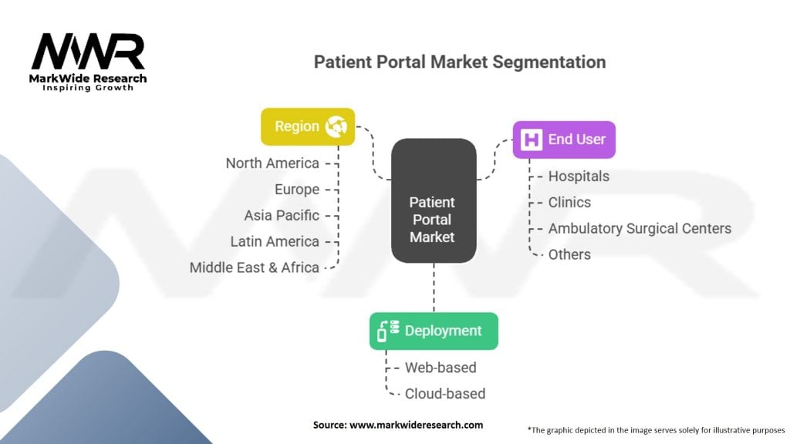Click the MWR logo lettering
pos(88,51)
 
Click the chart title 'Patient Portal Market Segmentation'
pos(460,62)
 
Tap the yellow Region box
pos(308,126)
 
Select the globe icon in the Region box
pos(336,126)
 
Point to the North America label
pos(272,163)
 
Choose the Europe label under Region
pos(297,190)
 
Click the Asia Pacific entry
pos(282,216)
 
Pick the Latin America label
pos(275,241)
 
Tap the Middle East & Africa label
pos(255,267)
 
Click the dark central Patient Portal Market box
pos(434,200)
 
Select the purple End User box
pos(564,140)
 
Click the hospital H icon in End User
pos(532,140)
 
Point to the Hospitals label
pos(579,177)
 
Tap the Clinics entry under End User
pos(569,203)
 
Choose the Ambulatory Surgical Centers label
pos(640,228)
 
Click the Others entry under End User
pos(569,254)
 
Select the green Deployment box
pos(434,331)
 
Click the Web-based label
pos(441,368)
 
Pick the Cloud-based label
pos(445,394)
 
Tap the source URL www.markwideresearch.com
pos(416,425)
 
